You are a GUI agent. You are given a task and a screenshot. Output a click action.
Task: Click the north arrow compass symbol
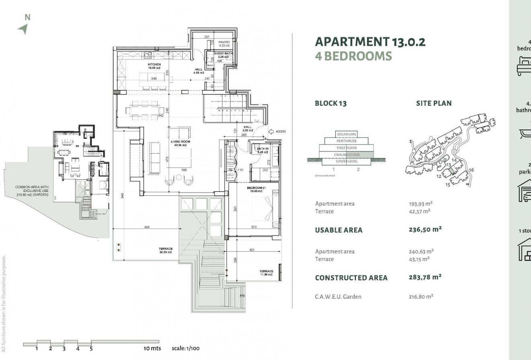tap(24, 29)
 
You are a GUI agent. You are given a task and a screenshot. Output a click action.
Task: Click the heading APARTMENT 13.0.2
tap(370, 42)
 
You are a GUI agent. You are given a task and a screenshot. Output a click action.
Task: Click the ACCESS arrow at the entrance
tap(272, 131)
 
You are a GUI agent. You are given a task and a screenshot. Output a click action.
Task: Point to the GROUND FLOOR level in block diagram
tap(346, 154)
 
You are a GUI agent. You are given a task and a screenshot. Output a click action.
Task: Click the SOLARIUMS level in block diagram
tap(346, 134)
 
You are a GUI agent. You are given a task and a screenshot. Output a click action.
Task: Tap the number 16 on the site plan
tap(471, 170)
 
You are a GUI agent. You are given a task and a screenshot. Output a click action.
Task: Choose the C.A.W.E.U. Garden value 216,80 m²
tap(421, 296)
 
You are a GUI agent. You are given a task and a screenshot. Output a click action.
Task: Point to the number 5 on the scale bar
tap(91, 349)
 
